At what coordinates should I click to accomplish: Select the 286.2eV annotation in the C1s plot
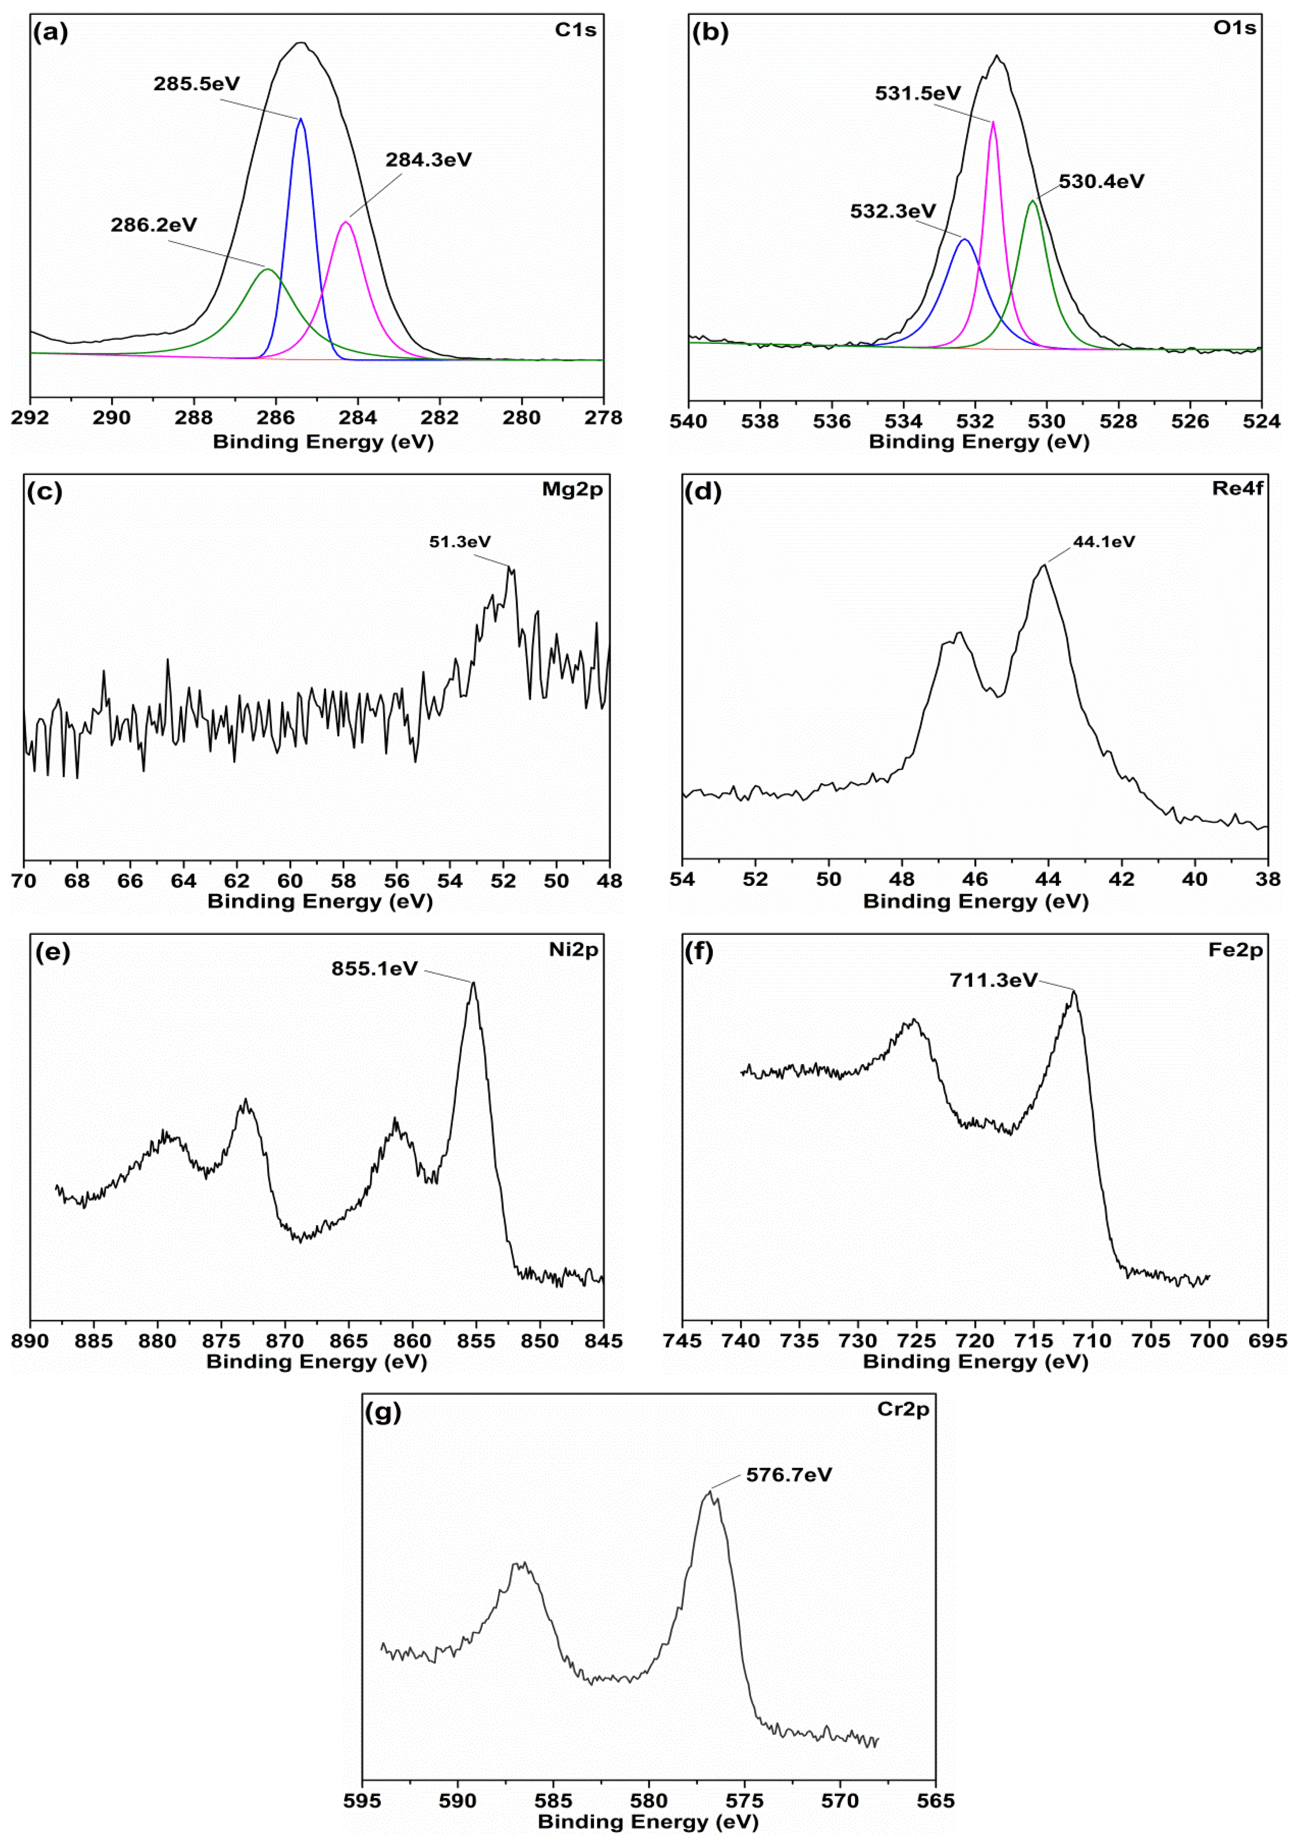coord(154,225)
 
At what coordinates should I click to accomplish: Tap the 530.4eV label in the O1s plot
coord(1100,182)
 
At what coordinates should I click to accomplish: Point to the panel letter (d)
coord(703,491)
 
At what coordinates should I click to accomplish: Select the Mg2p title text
coord(572,489)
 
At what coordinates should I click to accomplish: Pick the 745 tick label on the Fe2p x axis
coord(682,1341)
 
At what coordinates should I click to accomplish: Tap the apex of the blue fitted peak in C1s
coord(301,119)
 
